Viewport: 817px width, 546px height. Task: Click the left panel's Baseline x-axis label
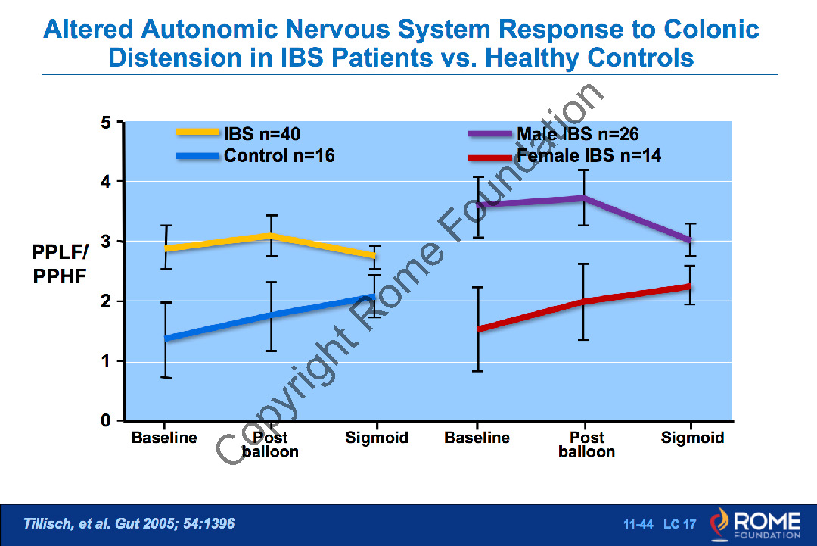tap(164, 438)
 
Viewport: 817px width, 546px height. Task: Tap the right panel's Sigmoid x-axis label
tap(692, 438)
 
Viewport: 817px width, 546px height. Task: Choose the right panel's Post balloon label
tap(586, 445)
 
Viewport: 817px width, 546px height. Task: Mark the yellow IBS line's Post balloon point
tap(270, 236)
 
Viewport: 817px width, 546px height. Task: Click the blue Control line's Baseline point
tap(166, 338)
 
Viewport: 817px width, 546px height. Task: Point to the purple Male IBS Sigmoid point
tap(690, 240)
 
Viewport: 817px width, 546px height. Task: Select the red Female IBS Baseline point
tap(478, 329)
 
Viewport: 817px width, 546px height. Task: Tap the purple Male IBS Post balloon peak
tap(583, 198)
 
